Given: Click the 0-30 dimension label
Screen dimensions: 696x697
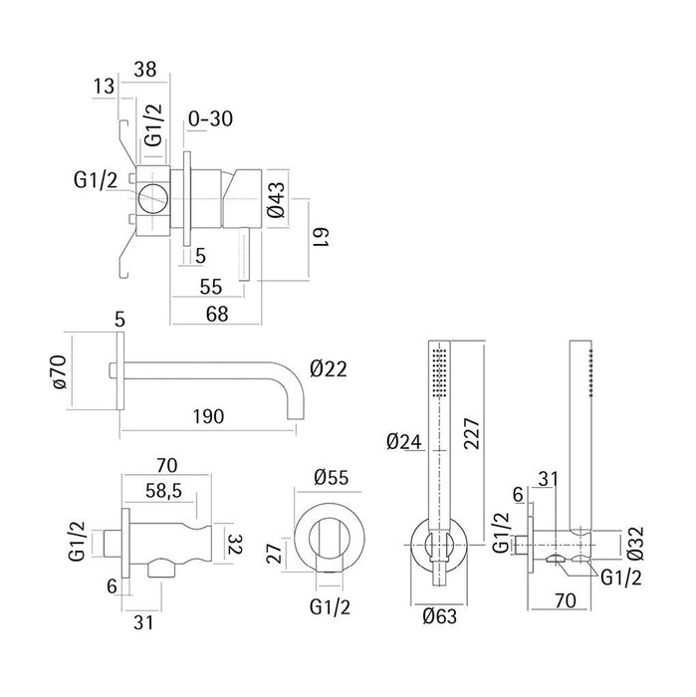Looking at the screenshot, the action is (x=210, y=119).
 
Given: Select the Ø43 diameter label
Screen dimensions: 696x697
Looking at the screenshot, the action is (x=277, y=199).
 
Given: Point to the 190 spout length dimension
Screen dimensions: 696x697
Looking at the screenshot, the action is (x=208, y=416).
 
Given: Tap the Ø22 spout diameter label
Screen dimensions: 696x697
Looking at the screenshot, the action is (x=328, y=368).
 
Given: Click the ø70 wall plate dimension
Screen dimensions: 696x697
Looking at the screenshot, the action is (x=60, y=371).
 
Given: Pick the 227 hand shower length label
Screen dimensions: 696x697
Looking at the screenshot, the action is (x=472, y=433).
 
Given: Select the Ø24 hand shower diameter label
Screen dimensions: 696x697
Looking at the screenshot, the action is (x=403, y=441).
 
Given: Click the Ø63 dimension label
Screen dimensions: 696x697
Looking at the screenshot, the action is (x=439, y=616).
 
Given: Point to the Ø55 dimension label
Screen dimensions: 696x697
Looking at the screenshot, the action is (x=332, y=477).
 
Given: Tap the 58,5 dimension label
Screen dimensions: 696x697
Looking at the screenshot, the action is (x=163, y=491).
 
